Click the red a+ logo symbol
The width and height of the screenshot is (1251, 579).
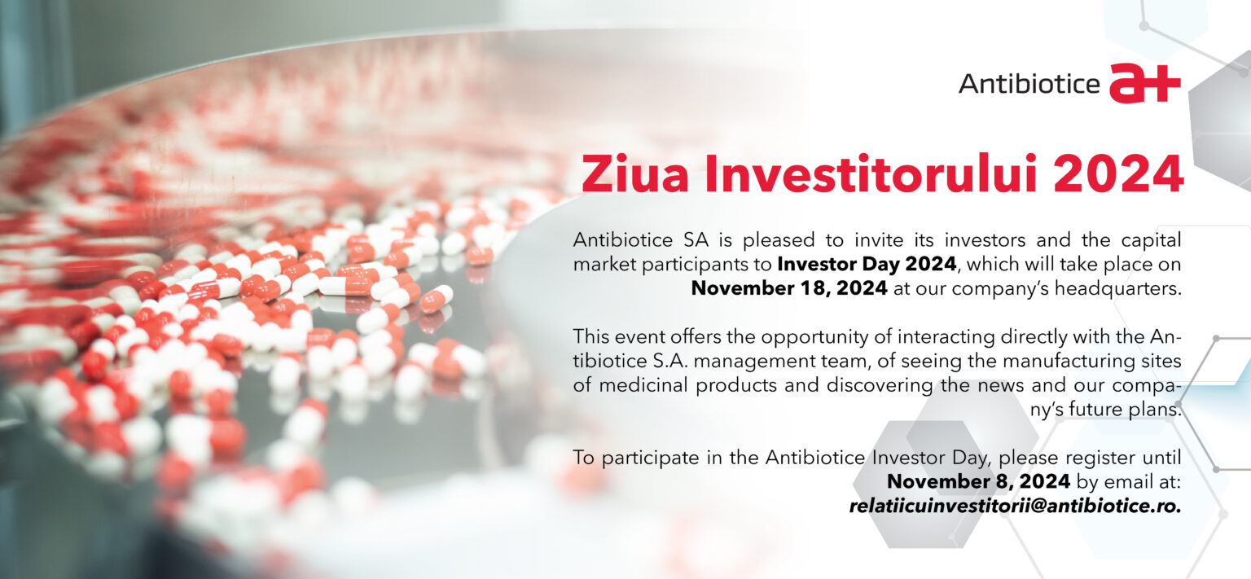pos(1144,84)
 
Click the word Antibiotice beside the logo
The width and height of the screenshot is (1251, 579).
pos(1029,85)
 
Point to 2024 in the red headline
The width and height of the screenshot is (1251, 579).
pos(1118,173)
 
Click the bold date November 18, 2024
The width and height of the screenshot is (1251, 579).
pos(789,288)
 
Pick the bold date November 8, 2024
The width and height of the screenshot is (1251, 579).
pos(978,481)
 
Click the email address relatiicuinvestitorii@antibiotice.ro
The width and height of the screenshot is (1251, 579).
pos(1015,506)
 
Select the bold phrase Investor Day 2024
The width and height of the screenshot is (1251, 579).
pos(867,264)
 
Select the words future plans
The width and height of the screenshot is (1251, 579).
pos(1125,410)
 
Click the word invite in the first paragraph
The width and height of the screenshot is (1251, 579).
pos(879,240)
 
